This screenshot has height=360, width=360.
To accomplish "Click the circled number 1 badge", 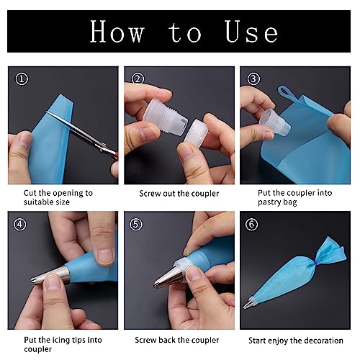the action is click(x=22, y=79).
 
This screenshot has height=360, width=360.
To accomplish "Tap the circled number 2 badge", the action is click(x=138, y=79).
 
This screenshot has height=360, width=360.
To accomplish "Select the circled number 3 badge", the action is click(x=253, y=79).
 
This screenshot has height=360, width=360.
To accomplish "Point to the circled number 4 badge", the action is click(x=20, y=225).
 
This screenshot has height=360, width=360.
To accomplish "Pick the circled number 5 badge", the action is click(x=136, y=225).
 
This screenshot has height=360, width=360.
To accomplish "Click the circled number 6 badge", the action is click(x=251, y=225).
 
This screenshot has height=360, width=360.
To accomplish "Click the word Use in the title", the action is click(x=251, y=32).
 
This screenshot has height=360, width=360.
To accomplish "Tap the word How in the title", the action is click(x=117, y=32).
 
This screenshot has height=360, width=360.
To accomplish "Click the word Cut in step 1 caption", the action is click(x=30, y=193).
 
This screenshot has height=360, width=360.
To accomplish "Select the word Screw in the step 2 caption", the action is click(x=150, y=194).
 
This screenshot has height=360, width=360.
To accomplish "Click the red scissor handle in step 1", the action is click(x=117, y=155).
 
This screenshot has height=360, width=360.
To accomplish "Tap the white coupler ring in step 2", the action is click(x=196, y=132).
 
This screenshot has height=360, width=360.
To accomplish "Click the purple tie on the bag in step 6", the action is click(x=315, y=263).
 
